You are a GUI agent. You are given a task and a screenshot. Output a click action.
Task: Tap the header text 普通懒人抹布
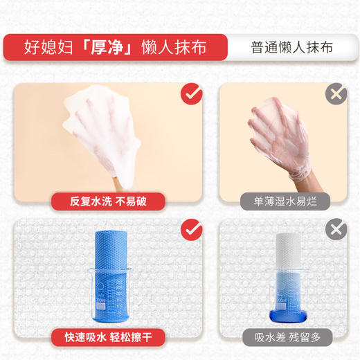pos(291,48)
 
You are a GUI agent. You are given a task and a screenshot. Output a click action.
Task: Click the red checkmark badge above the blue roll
pos(191,229)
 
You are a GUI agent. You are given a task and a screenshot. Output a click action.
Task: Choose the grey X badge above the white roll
pos(336,229)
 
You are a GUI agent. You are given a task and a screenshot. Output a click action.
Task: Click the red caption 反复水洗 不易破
pos(109,201)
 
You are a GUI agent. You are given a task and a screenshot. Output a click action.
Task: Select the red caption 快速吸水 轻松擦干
pos(109,337)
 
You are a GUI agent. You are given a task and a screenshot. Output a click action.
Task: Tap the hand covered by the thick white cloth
pos(111,132)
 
